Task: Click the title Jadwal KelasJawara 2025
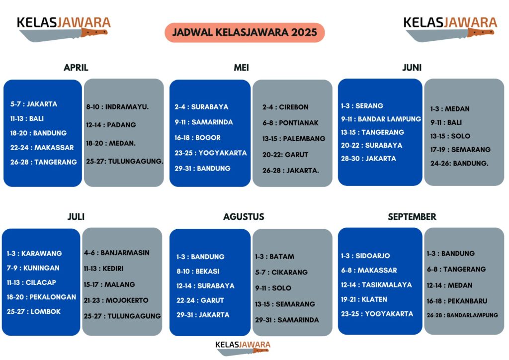(245, 32)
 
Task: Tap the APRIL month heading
(76, 68)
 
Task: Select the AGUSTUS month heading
(244, 216)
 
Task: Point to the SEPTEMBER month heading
(412, 216)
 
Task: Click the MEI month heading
(241, 68)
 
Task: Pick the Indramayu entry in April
(117, 107)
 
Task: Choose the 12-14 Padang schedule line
(111, 125)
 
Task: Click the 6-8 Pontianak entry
(290, 123)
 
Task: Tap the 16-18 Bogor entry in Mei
(197, 138)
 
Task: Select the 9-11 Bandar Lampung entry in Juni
(381, 119)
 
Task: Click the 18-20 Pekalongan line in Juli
(41, 297)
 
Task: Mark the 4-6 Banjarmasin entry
(116, 253)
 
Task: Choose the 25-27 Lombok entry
(33, 312)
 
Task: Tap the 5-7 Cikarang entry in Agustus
(281, 272)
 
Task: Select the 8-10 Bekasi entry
(198, 271)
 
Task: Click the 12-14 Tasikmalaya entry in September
(376, 285)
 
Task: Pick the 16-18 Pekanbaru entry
(457, 301)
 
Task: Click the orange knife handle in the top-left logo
(94, 32)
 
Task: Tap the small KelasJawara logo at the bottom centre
(243, 348)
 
